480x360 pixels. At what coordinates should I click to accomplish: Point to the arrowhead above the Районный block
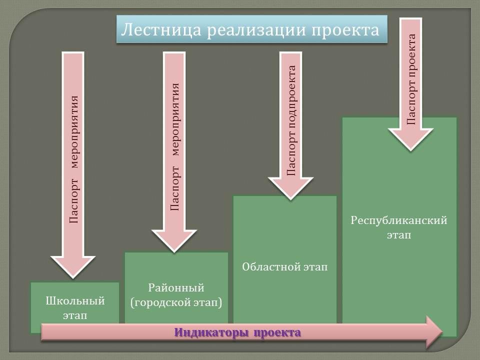click(174, 241)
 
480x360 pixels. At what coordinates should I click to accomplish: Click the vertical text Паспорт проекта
click(411, 79)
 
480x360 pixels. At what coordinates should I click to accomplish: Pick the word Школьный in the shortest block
click(75, 300)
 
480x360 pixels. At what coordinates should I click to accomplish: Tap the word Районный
click(176, 288)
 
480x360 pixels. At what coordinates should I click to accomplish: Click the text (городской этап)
click(176, 303)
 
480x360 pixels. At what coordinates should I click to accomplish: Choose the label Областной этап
click(284, 266)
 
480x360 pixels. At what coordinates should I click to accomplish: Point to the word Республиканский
click(399, 220)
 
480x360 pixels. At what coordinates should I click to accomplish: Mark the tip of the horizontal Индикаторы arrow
click(442, 332)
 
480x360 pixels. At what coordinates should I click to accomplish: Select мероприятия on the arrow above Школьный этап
click(74, 132)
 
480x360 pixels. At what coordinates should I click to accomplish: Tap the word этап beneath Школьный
click(75, 315)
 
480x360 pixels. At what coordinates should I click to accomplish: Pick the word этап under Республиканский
click(399, 235)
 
